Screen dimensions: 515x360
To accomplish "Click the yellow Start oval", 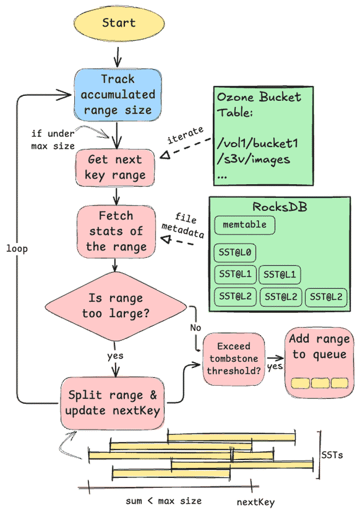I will tap(118, 23).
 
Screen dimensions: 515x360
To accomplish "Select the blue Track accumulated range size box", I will tap(118, 94).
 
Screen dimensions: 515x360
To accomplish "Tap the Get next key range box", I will tap(115, 167).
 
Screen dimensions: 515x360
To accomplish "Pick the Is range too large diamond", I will tap(115, 306).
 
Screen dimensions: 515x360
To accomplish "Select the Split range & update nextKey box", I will tap(112, 402).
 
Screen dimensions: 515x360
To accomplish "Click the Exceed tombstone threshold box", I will tap(233, 360).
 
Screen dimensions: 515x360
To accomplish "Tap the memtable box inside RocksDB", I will tap(244, 225).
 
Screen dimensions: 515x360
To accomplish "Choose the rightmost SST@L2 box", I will tap(326, 296).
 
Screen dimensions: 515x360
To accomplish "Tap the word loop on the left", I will tap(17, 249).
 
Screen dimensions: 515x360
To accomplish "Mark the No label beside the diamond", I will tap(195, 328).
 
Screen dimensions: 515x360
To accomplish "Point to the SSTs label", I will tap(332, 455).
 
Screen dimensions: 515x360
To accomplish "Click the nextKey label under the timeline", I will tap(255, 502).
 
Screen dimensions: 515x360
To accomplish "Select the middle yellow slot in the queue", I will tap(319, 383).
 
